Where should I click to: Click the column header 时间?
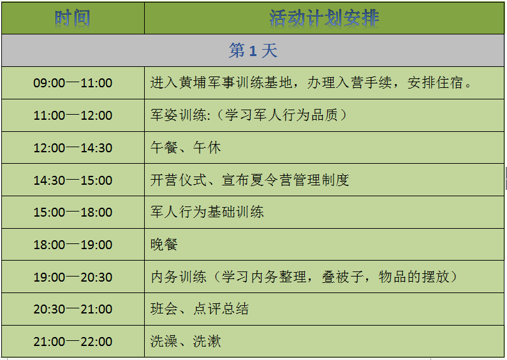click(x=73, y=18)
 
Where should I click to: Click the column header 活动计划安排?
click(x=324, y=18)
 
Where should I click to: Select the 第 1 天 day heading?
click(x=253, y=51)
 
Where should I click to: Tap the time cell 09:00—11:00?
click(x=73, y=83)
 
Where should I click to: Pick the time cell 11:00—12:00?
click(x=73, y=115)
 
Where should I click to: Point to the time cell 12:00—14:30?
click(x=73, y=148)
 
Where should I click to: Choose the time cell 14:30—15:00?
click(x=73, y=180)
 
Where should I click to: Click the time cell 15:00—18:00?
click(x=73, y=212)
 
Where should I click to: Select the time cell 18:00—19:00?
click(x=73, y=245)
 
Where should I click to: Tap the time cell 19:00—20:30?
click(x=73, y=277)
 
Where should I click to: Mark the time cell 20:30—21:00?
click(x=73, y=309)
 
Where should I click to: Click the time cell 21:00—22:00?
click(x=73, y=342)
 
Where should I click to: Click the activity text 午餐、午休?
click(x=186, y=148)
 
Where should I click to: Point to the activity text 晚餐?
click(x=165, y=245)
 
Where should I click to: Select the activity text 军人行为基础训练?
click(x=207, y=212)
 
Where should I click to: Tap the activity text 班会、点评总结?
click(x=200, y=309)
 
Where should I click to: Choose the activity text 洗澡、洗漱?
click(x=186, y=342)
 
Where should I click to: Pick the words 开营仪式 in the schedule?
click(x=179, y=180)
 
